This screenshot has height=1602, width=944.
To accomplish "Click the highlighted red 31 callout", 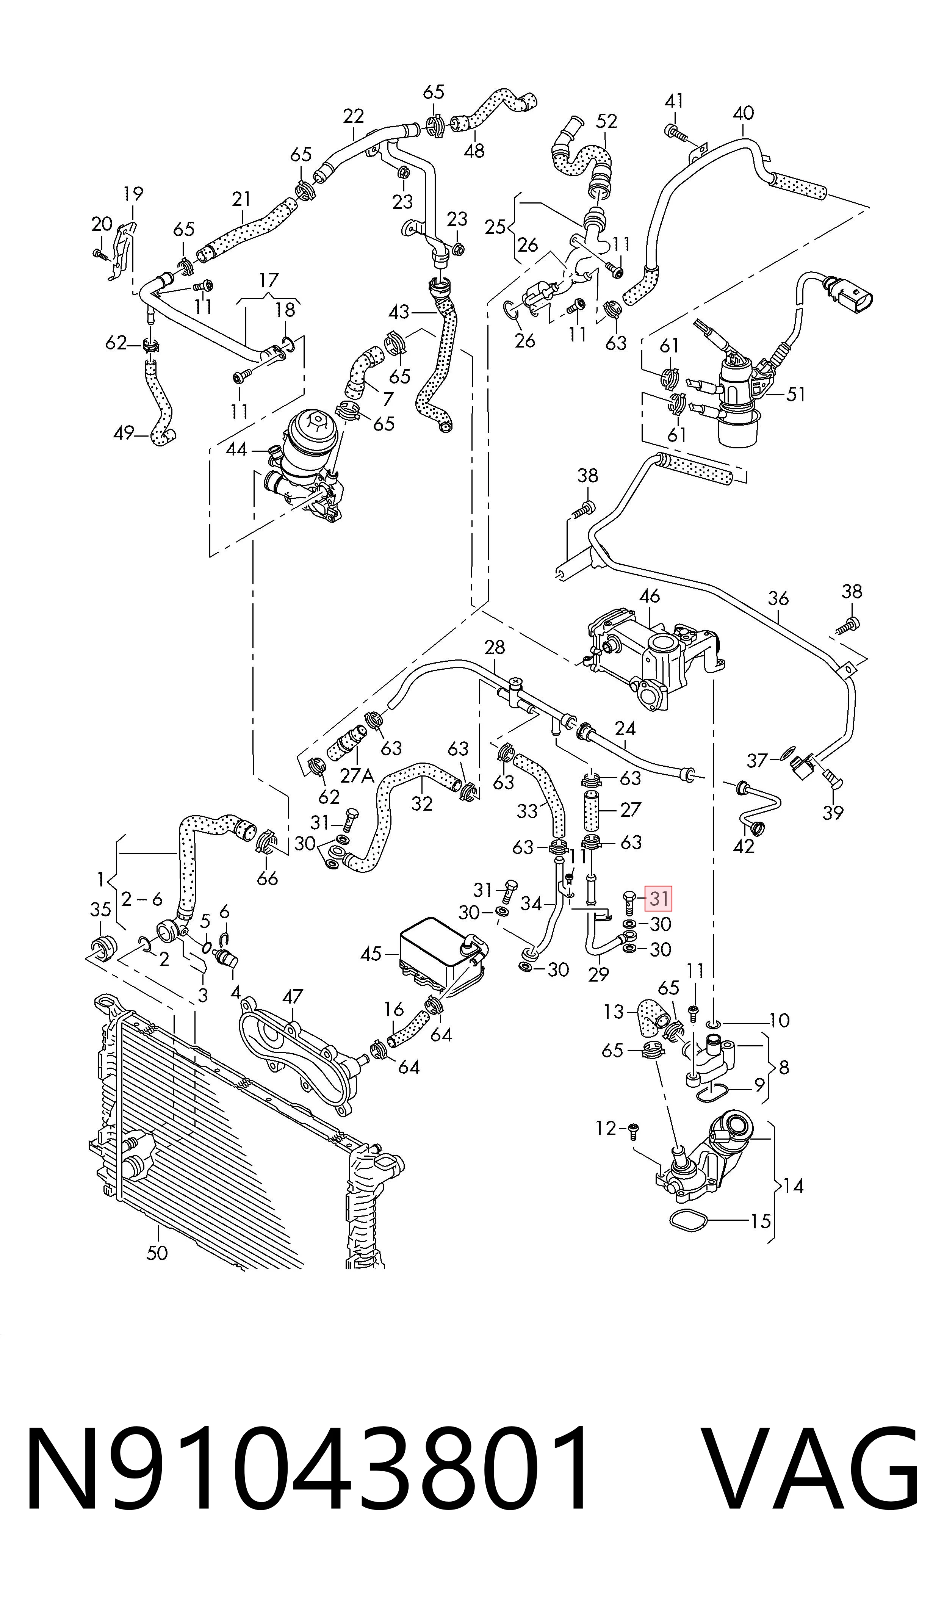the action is coord(659,898).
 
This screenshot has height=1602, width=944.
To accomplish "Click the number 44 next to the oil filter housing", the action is coord(236,449).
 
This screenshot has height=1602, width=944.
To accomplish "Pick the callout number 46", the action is coord(650,596).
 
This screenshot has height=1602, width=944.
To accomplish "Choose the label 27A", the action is coord(357,776).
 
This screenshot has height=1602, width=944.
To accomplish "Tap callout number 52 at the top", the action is coord(606,121).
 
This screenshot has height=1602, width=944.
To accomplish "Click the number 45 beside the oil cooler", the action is coord(371,954).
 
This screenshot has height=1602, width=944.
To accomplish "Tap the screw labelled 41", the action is coord(676,132).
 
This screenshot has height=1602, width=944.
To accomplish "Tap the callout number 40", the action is coord(743,113).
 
